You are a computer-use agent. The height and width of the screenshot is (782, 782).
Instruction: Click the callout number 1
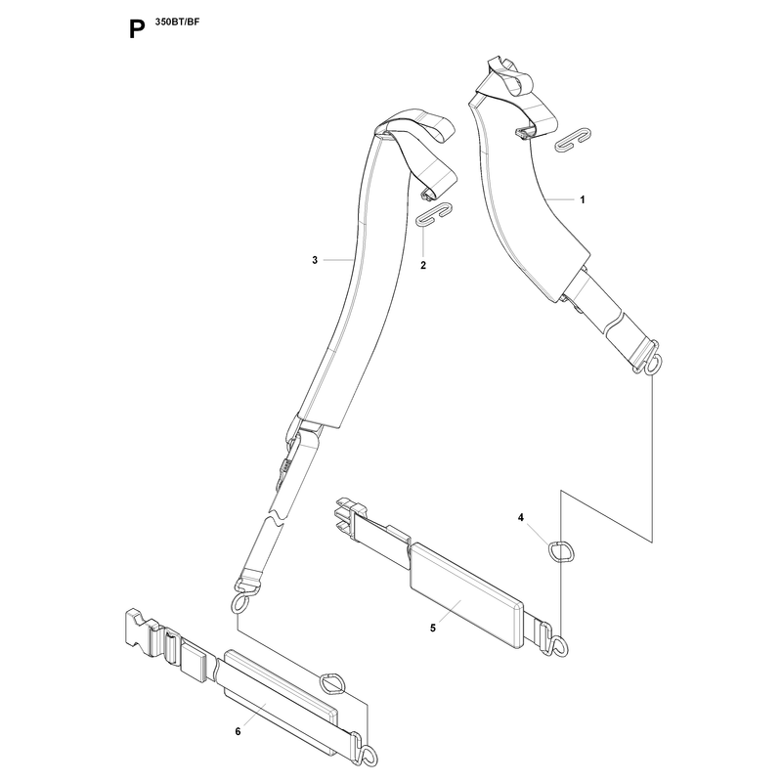coord(582,200)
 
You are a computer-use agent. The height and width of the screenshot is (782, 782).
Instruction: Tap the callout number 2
coord(423,265)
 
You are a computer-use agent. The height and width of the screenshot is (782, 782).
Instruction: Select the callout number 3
coord(315,260)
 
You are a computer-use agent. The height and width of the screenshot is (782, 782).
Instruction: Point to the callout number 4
coord(521,518)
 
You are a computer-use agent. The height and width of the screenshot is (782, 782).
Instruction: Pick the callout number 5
coord(433,628)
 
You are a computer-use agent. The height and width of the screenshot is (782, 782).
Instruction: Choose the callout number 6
coord(238,731)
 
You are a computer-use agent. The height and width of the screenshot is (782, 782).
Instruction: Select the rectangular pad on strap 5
coord(466,595)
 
